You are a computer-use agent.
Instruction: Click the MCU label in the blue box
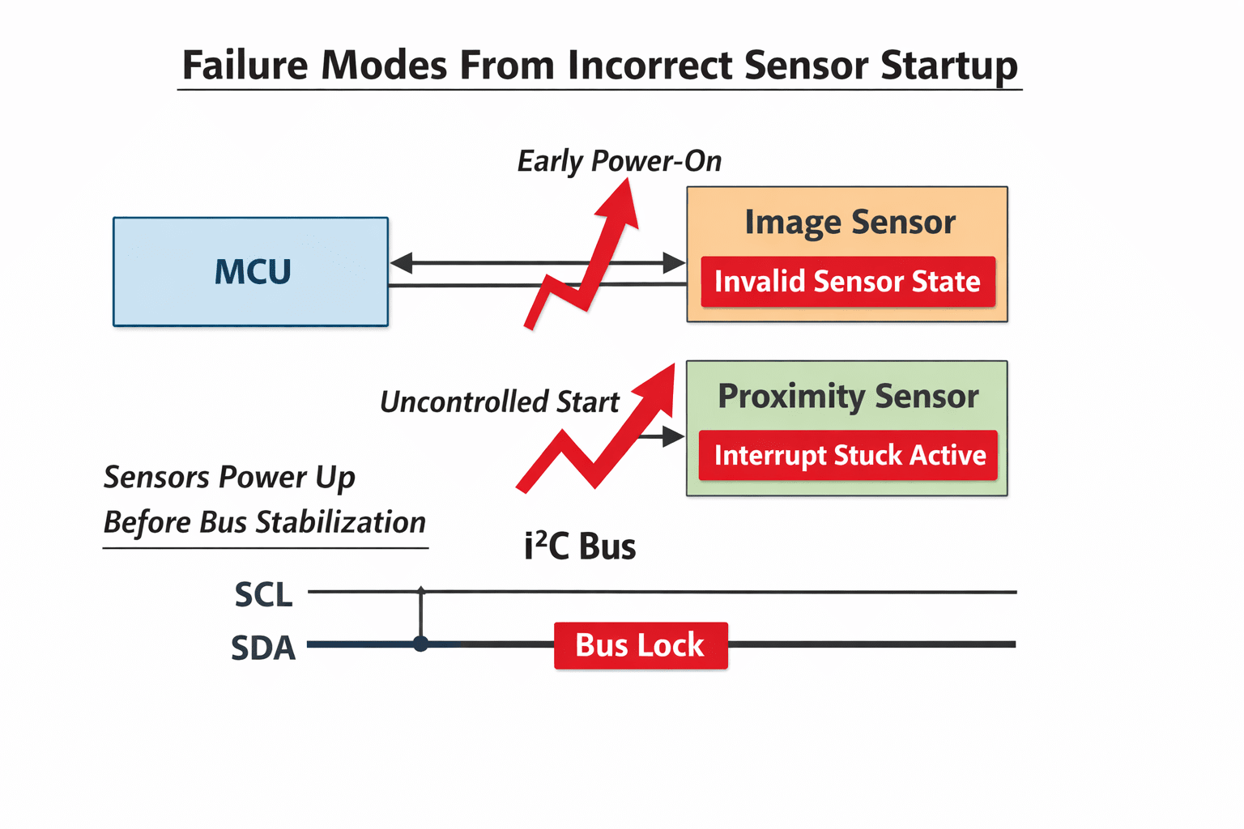pyautogui.click(x=253, y=271)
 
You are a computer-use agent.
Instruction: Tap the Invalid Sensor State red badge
pyautogui.click(x=847, y=282)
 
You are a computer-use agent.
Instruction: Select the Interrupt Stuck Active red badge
pyautogui.click(x=848, y=455)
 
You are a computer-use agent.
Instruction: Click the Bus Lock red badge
pyautogui.click(x=641, y=645)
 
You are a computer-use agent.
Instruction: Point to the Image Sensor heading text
pyautogui.click(x=850, y=223)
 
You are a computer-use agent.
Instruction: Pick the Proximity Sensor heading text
pyautogui.click(x=848, y=397)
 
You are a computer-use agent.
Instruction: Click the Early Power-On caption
pyautogui.click(x=620, y=162)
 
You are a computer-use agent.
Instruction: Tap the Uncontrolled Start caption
pyautogui.click(x=499, y=402)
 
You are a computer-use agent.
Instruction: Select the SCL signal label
pyautogui.click(x=264, y=595)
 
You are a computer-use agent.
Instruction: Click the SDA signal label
pyautogui.click(x=263, y=648)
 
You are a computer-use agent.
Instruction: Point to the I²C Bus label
pyautogui.click(x=581, y=546)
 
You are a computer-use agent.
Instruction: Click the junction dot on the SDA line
pyautogui.click(x=421, y=644)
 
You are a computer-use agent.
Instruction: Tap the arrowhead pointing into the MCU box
pyautogui.click(x=401, y=262)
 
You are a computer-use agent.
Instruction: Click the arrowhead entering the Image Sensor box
pyautogui.click(x=674, y=262)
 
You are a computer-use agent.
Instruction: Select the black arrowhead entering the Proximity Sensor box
pyautogui.click(x=674, y=437)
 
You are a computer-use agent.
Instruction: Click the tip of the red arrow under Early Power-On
pyautogui.click(x=628, y=179)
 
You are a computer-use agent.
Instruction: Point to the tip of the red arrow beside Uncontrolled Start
pyautogui.click(x=674, y=364)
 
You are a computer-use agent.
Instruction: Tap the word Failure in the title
pyautogui.click(x=245, y=66)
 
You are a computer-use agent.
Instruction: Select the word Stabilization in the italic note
pyautogui.click(x=340, y=522)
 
